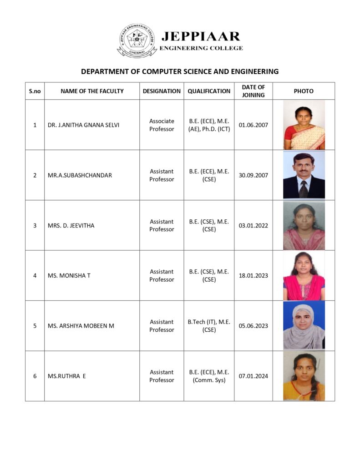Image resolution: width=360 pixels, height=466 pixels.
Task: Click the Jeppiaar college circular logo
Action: tap(137, 41)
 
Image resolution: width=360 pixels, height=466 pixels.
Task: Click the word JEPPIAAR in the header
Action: tap(200, 36)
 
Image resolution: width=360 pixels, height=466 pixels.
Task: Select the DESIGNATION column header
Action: tap(162, 91)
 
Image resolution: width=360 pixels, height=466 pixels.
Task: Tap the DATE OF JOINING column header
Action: tap(253, 91)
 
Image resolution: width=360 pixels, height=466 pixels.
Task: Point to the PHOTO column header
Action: tap(304, 91)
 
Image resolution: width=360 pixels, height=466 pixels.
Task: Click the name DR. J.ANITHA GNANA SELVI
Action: tap(83, 125)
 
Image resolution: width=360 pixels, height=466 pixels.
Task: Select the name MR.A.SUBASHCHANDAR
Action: tap(80, 175)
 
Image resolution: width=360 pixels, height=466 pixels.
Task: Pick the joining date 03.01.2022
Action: tap(254, 225)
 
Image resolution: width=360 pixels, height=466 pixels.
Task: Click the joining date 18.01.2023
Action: tap(254, 275)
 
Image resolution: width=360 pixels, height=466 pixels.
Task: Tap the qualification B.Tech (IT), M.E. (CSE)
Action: tap(209, 326)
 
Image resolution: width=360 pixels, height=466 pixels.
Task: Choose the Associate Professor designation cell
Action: tap(162, 125)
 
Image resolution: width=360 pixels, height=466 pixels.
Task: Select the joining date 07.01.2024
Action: tap(254, 376)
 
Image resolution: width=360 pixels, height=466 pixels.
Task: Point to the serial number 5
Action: tap(35, 326)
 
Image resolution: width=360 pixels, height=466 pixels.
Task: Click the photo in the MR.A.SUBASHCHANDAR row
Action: tap(304, 175)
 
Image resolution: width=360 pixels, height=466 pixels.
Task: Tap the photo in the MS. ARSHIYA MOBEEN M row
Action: tap(304, 326)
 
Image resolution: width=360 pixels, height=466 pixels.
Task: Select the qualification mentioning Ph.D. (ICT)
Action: tap(209, 125)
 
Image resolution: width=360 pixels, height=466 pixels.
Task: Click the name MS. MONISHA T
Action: tap(69, 275)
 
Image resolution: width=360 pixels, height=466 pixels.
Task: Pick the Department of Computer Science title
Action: tap(180, 71)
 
